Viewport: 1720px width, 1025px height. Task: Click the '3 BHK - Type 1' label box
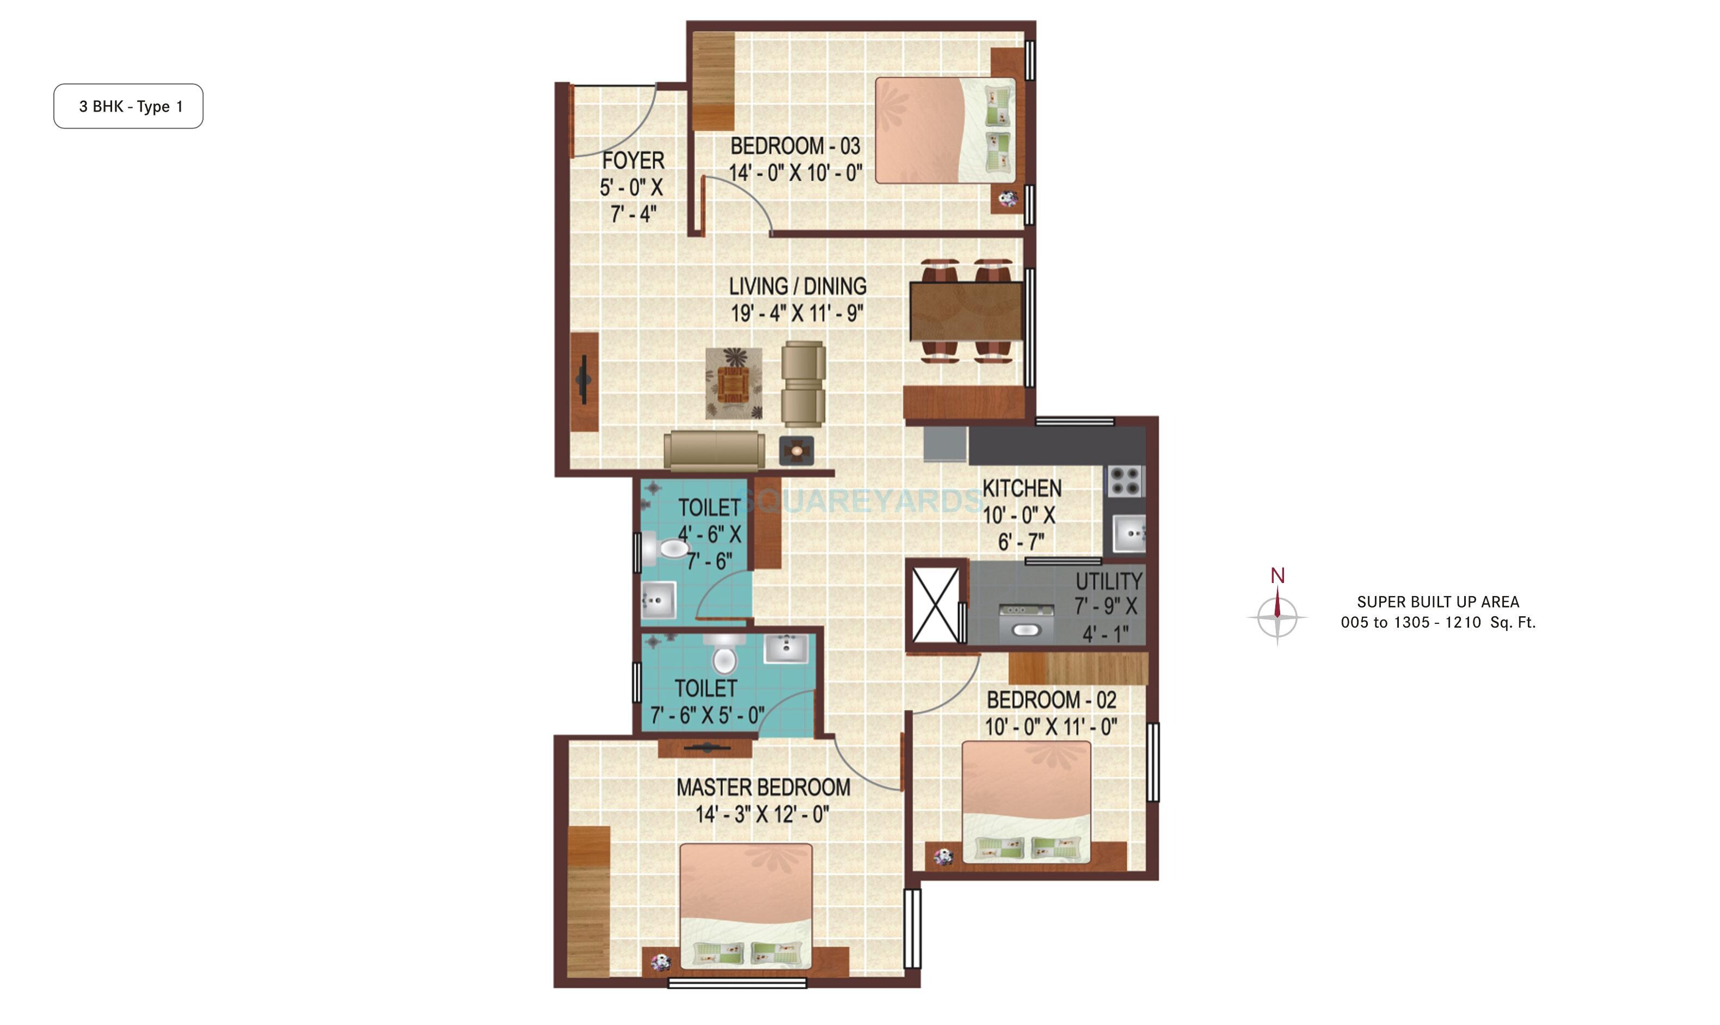[x=128, y=106]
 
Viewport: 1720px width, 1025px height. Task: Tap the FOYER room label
[x=632, y=161]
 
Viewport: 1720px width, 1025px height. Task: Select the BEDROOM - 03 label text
[x=795, y=146]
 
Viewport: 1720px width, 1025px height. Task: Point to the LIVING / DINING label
[x=797, y=286]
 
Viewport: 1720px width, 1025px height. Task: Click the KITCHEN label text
[x=1021, y=488]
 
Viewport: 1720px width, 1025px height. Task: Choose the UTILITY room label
[x=1108, y=581]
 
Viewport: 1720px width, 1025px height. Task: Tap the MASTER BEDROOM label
[x=763, y=788]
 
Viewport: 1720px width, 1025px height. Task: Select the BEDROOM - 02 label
[x=1051, y=701]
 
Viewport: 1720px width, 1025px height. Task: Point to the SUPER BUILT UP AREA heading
[x=1438, y=602]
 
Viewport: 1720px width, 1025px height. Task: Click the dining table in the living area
[x=965, y=311]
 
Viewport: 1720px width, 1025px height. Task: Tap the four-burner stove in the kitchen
[x=1125, y=481]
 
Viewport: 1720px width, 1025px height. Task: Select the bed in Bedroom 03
[x=944, y=131]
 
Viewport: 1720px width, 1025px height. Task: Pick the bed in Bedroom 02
[x=1026, y=801]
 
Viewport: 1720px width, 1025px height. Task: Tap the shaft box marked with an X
[x=935, y=606]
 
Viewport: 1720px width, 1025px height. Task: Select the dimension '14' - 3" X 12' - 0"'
[x=761, y=815]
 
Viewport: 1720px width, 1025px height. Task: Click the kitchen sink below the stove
[x=1129, y=534]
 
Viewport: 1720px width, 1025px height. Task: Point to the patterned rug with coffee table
[x=733, y=383]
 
